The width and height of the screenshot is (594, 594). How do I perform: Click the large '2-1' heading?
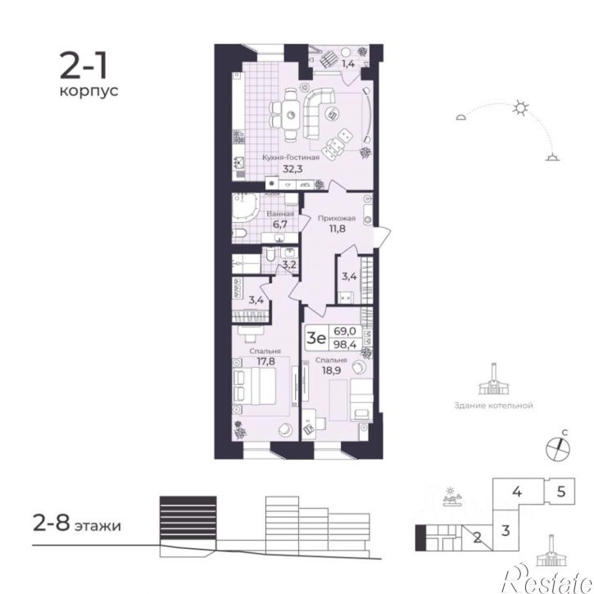coord(80,63)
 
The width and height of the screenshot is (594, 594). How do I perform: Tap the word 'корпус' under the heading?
coord(88,91)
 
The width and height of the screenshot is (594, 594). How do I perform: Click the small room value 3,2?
coord(288,265)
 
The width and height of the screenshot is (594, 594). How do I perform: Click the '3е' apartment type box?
coord(316,335)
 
